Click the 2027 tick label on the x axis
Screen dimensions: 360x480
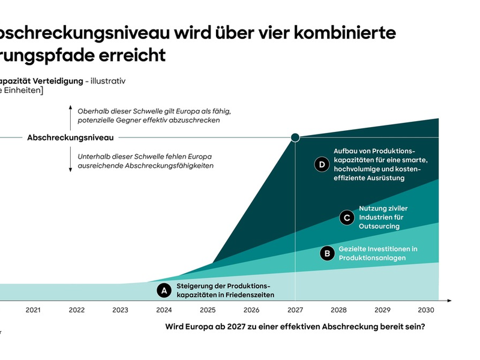pyautogui.click(x=295, y=310)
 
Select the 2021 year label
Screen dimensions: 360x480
pyautogui.click(x=33, y=310)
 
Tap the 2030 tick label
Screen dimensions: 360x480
pyautogui.click(x=425, y=310)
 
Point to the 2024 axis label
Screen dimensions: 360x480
pyautogui.click(x=164, y=310)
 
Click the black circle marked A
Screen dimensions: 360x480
pyautogui.click(x=163, y=290)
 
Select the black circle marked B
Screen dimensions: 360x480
pyautogui.click(x=327, y=253)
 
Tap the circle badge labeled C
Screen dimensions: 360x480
pyautogui.click(x=346, y=217)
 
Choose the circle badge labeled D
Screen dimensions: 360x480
pyautogui.click(x=322, y=164)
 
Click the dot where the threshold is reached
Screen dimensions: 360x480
pyautogui.click(x=295, y=138)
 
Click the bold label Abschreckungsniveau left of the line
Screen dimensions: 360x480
pyautogui.click(x=70, y=138)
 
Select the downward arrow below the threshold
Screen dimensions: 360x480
pyautogui.click(x=70, y=161)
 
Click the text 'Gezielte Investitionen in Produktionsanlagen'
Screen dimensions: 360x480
pyautogui.click(x=378, y=253)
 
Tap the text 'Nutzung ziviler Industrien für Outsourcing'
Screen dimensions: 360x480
pyautogui.click(x=383, y=217)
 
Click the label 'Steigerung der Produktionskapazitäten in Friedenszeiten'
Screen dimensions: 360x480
pyautogui.click(x=225, y=290)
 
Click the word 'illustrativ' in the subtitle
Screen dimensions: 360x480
pyautogui.click(x=108, y=80)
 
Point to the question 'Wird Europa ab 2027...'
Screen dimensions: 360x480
pyautogui.click(x=295, y=327)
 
